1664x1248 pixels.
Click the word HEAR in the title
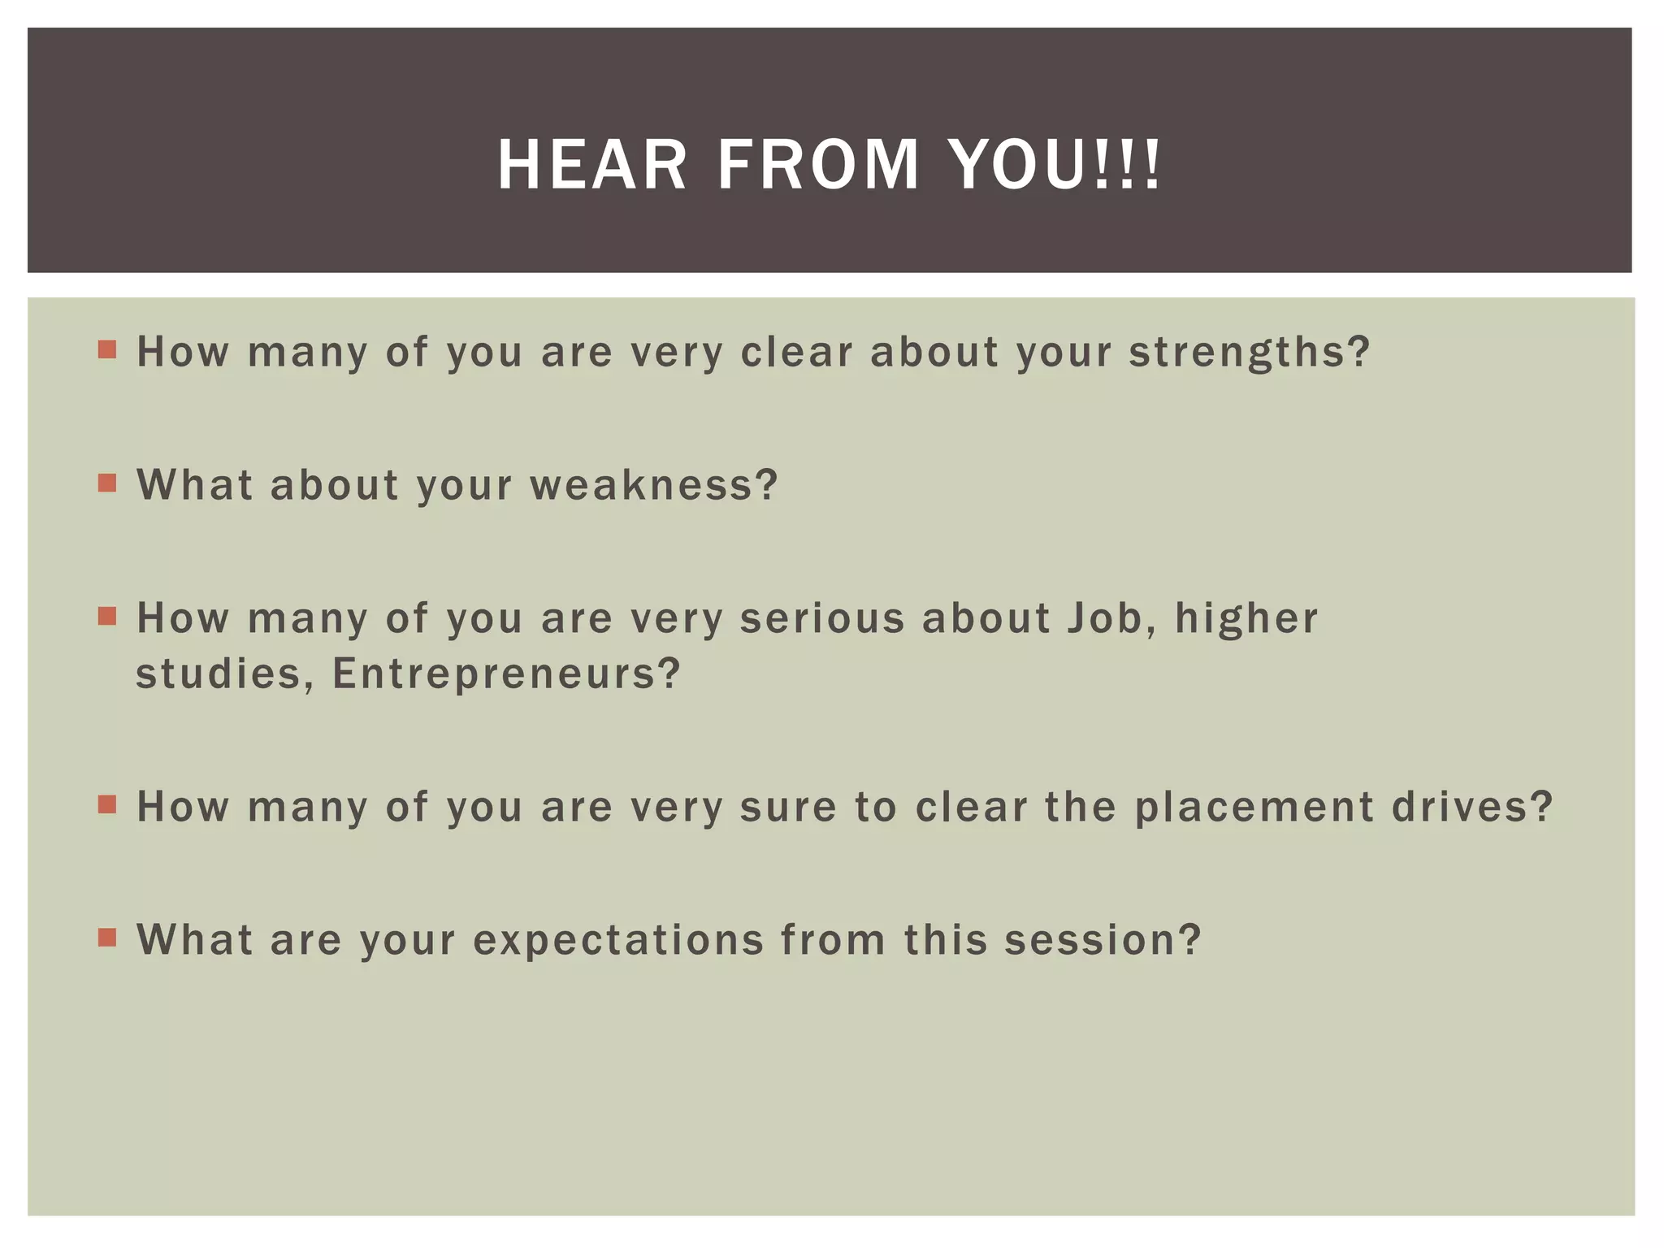(x=592, y=165)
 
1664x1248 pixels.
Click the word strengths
(x=1249, y=353)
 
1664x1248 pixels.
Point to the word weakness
(x=654, y=485)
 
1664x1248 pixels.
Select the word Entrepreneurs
(x=505, y=674)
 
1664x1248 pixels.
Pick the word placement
(x=1254, y=807)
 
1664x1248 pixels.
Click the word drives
(x=1472, y=807)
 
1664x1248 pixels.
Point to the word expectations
(x=618, y=940)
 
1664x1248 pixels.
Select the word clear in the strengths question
(x=796, y=353)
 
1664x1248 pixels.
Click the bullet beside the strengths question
(x=107, y=350)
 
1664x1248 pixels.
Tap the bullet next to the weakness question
(x=107, y=483)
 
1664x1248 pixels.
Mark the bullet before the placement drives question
(x=107, y=805)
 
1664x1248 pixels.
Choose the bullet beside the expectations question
(x=107, y=938)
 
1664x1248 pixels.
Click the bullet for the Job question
(x=107, y=616)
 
